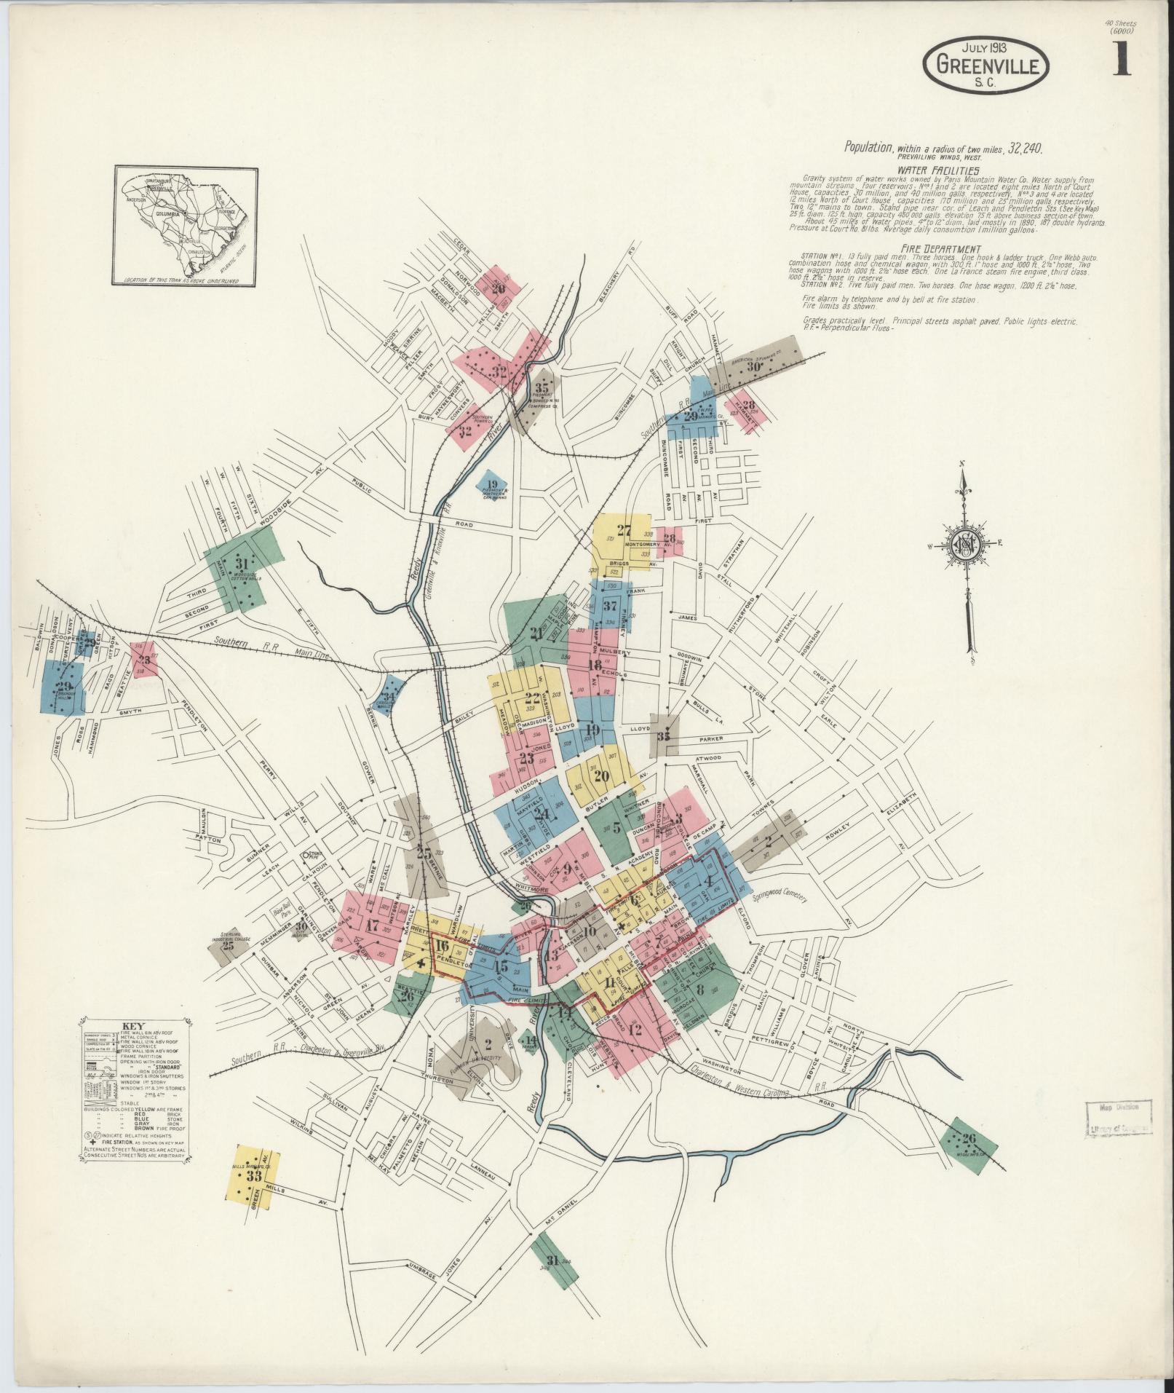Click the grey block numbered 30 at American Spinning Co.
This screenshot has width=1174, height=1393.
[x=754, y=367]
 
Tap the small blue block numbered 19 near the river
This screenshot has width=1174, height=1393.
[x=493, y=485]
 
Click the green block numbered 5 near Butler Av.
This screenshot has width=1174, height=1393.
[x=615, y=827]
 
